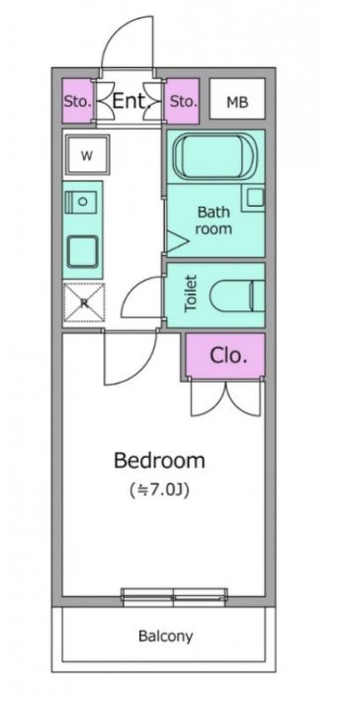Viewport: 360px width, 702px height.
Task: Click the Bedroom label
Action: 159,460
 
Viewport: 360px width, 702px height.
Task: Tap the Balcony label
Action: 166,636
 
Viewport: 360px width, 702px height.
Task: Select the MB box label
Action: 237,103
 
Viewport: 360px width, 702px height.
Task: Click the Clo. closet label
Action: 228,356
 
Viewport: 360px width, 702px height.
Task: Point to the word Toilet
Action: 191,294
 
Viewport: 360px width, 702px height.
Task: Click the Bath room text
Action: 214,220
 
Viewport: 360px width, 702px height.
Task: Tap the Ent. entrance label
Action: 130,101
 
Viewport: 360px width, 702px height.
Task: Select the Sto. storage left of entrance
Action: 78,101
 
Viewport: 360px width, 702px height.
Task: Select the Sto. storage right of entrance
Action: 182,102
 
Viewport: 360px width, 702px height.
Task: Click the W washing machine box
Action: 87,155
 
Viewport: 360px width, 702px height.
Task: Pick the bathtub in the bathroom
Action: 216,157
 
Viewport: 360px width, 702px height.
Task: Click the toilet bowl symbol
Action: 237,296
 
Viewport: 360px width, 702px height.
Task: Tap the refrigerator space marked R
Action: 84,303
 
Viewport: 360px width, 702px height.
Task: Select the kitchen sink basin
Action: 82,251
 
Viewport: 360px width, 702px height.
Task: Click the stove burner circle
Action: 82,202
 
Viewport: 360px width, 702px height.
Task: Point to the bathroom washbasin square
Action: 256,198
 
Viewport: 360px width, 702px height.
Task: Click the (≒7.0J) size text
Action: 160,490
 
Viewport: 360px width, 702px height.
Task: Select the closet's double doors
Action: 225,398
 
